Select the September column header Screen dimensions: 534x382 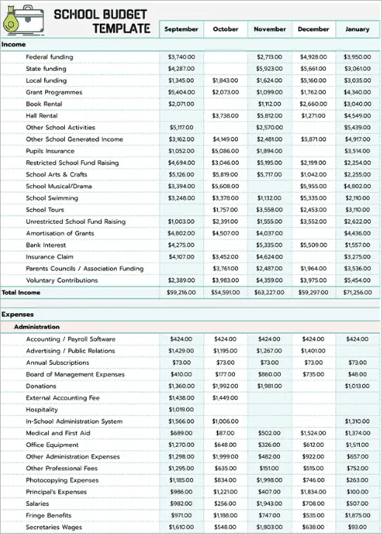point(181,29)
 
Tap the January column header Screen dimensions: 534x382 point(358,29)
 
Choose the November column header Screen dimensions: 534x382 point(270,29)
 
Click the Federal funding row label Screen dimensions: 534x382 point(50,57)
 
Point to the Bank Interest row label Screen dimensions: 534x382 point(46,245)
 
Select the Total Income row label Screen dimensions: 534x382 point(21,292)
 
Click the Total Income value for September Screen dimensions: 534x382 point(181,292)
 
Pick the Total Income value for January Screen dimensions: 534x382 point(358,292)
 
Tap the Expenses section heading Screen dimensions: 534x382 point(17,315)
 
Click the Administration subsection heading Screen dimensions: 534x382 point(37,326)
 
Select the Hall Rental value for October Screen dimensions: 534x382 point(225,116)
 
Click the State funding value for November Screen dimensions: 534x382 point(270,69)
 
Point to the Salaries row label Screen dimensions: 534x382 point(39,504)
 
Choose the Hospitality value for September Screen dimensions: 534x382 point(181,409)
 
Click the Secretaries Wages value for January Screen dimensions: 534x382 point(358,527)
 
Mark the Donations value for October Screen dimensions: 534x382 point(225,386)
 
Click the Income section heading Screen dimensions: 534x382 point(14,44)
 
